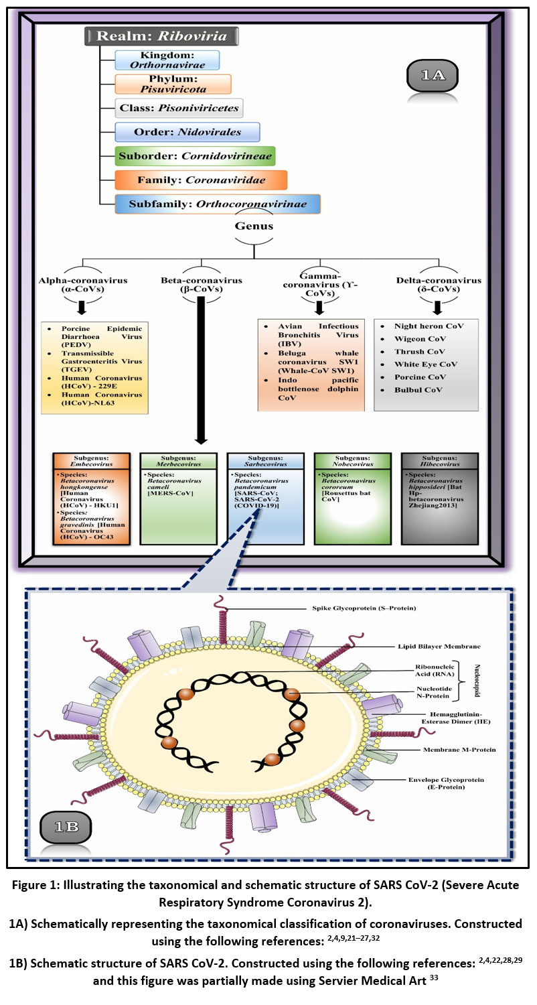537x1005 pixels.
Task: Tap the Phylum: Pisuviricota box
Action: [173, 84]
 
